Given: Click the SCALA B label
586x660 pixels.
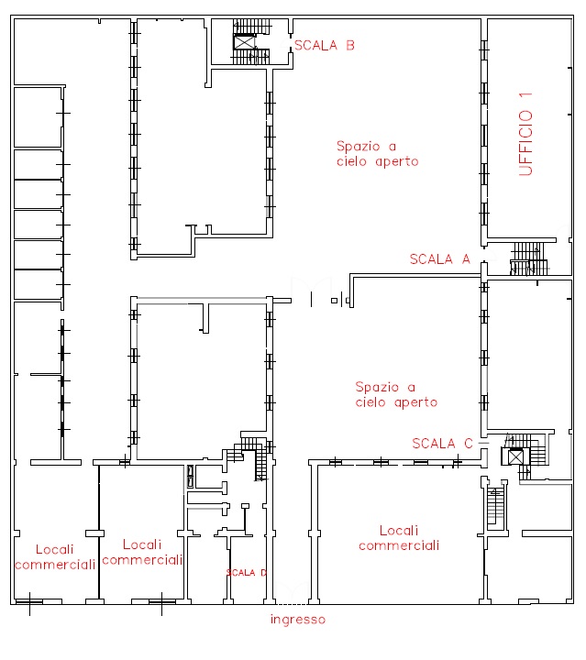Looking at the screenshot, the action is pos(324,46).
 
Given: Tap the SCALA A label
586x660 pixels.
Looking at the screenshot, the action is pos(440,258).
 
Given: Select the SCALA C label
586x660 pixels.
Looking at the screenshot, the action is pos(442,444).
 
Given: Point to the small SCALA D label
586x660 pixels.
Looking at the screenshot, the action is pos(247,572).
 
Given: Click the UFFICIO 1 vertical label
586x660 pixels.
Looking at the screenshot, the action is pos(525,134).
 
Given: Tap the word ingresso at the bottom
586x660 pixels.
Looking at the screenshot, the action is pos(298,620).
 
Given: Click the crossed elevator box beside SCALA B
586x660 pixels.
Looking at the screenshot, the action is pos(245,42).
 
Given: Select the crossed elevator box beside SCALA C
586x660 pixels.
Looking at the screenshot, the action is pos(515,456).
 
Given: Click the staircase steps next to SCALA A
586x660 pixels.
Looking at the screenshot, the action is pos(529,258).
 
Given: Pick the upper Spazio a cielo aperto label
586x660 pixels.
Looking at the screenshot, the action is pos(377,154).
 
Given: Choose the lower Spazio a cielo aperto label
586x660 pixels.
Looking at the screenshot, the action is pos(396,394).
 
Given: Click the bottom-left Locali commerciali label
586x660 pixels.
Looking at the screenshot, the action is pos(55,557).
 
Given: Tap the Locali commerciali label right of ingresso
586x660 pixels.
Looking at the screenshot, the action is pos(399,538).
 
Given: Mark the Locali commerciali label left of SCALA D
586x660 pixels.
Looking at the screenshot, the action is pos(142,552).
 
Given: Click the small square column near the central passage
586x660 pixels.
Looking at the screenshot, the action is pos(334,301).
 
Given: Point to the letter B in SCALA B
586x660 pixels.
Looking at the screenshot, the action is pos(350,46).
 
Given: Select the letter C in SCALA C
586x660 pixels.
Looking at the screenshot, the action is pos(469,444).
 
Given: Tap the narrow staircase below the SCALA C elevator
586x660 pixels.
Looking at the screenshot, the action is pos(495,505).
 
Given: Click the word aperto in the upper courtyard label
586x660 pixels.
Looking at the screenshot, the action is pos(397,161).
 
